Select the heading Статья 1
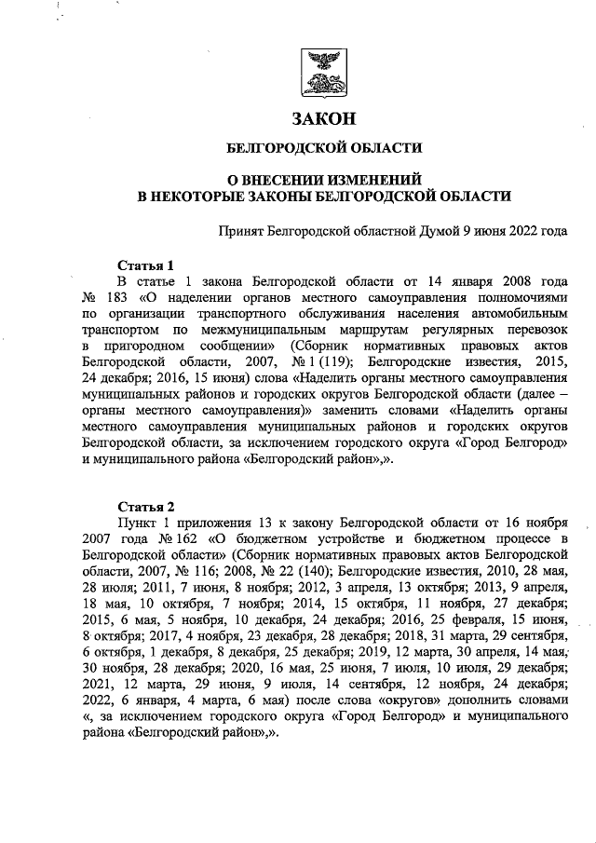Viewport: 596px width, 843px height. pyautogui.click(x=145, y=265)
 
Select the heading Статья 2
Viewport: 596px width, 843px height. pyautogui.click(x=145, y=507)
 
